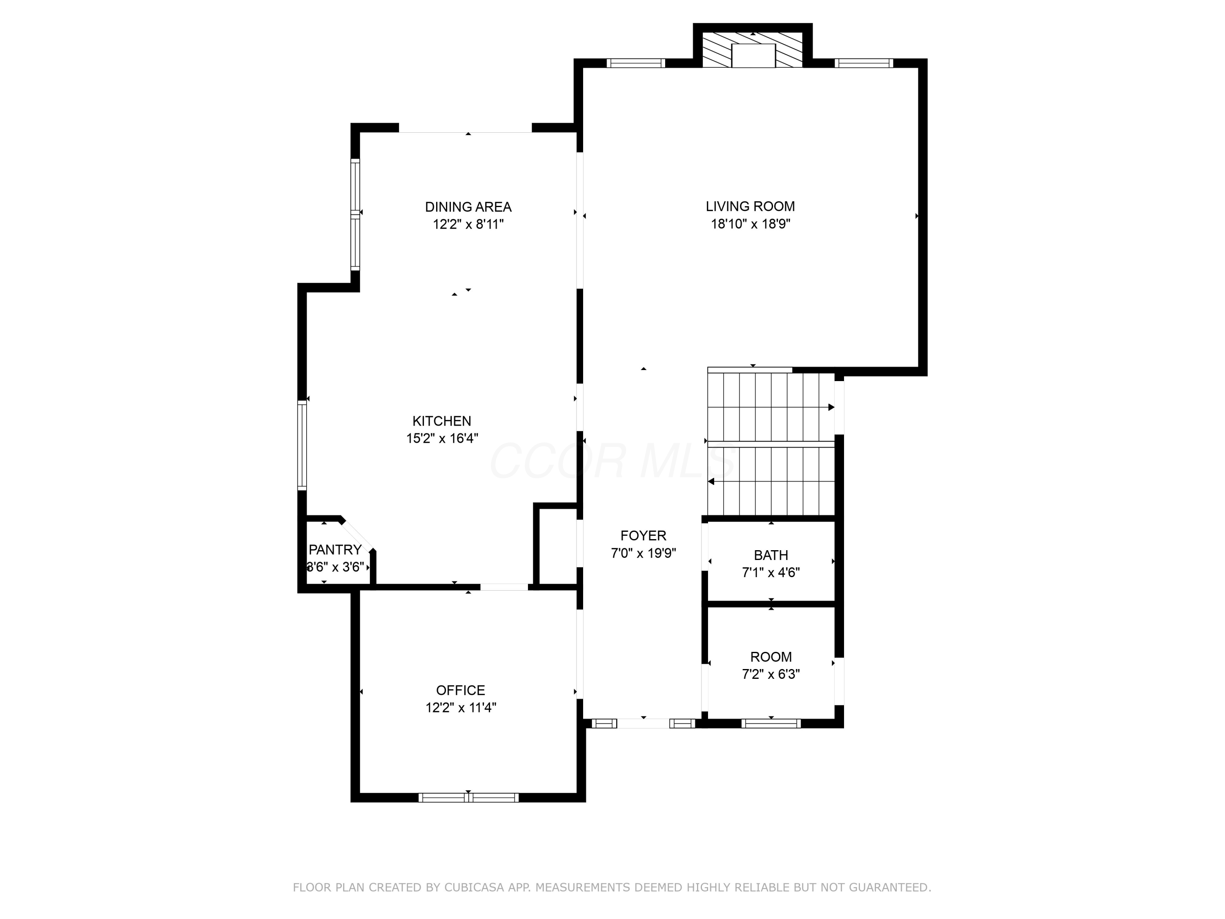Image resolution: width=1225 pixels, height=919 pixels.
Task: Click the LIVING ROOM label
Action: pos(751,207)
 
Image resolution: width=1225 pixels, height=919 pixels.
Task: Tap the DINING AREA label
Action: pos(468,207)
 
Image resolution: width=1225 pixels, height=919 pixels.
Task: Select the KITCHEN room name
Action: pos(442,421)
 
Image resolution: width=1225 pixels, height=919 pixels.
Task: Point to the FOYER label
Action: pos(644,535)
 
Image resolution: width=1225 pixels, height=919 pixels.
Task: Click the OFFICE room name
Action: pos(461,690)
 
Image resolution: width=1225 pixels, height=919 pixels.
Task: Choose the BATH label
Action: pos(771,555)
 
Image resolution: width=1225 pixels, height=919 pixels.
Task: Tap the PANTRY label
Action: pos(335,549)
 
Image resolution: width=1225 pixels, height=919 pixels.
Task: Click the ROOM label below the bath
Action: pos(771,657)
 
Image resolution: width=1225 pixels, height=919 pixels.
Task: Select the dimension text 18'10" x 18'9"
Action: pos(751,224)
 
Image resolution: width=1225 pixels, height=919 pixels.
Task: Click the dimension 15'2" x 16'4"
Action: pos(442,438)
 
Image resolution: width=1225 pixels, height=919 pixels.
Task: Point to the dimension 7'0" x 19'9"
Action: pos(644,553)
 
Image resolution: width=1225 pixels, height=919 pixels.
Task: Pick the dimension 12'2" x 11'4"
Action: pos(461,707)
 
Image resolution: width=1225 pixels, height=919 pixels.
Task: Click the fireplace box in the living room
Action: pos(753,56)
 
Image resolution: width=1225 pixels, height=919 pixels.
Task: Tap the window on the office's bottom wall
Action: pos(468,798)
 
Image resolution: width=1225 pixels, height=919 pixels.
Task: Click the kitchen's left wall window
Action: pos(302,446)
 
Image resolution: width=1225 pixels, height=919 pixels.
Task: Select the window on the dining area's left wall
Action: pos(355,215)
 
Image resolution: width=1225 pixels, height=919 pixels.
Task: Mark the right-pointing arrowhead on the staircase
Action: pos(831,407)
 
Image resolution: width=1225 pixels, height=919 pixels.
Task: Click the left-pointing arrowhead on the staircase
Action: pos(711,482)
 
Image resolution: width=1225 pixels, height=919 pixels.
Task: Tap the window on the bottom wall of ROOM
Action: pos(771,723)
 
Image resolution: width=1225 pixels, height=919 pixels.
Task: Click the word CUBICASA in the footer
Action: pos(474,888)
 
